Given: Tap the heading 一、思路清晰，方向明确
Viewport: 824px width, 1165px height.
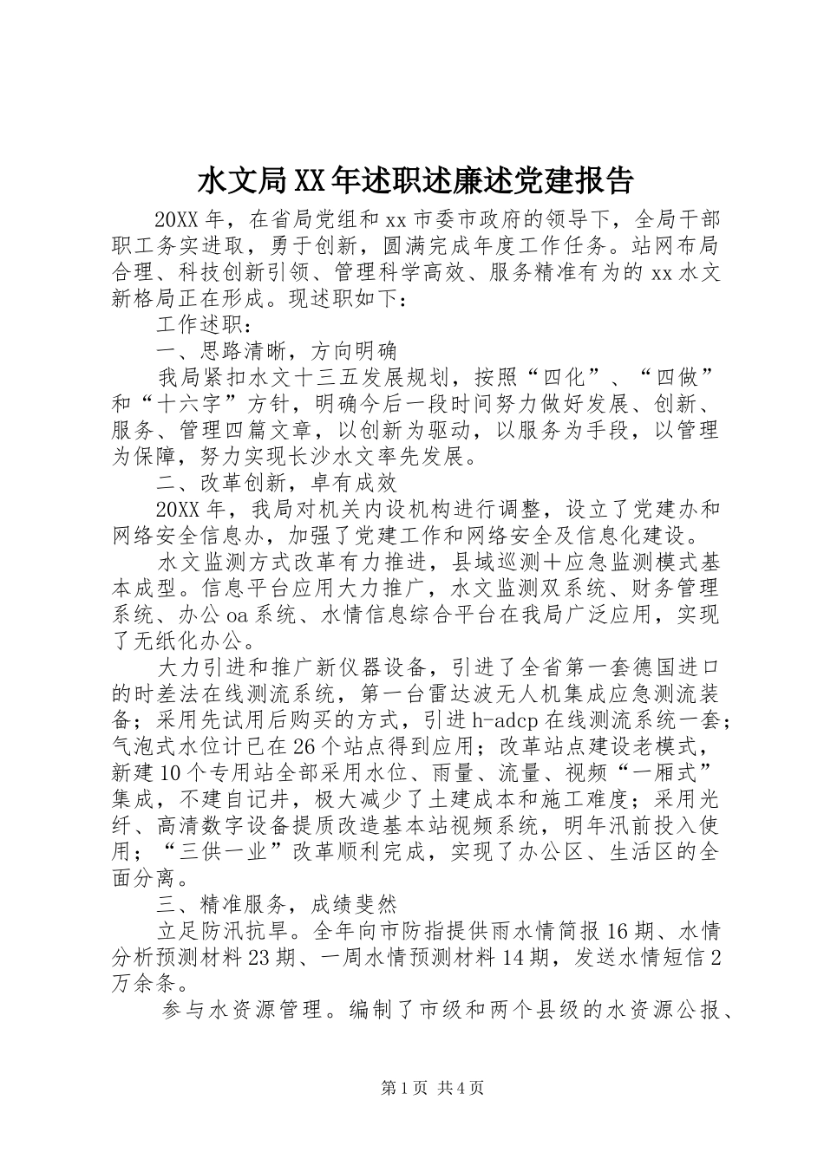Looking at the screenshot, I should click(x=276, y=350).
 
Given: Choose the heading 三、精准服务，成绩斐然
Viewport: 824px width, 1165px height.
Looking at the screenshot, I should click(x=276, y=904).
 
